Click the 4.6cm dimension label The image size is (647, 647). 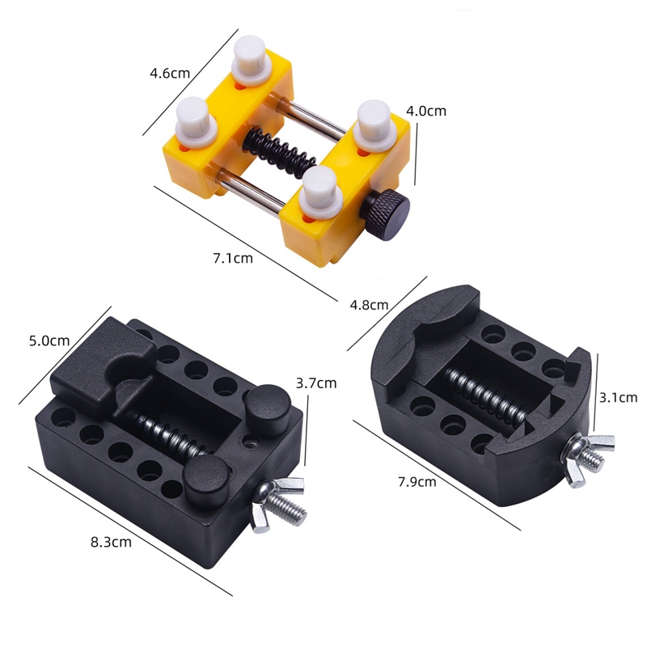170,74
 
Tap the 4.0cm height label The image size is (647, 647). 426,111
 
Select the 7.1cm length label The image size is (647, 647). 233,258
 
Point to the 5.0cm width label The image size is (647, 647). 49,340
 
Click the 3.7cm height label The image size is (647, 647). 316,383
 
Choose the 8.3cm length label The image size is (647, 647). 111,542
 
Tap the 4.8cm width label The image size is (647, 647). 369,305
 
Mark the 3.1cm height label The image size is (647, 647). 618,397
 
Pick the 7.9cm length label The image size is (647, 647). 417,481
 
